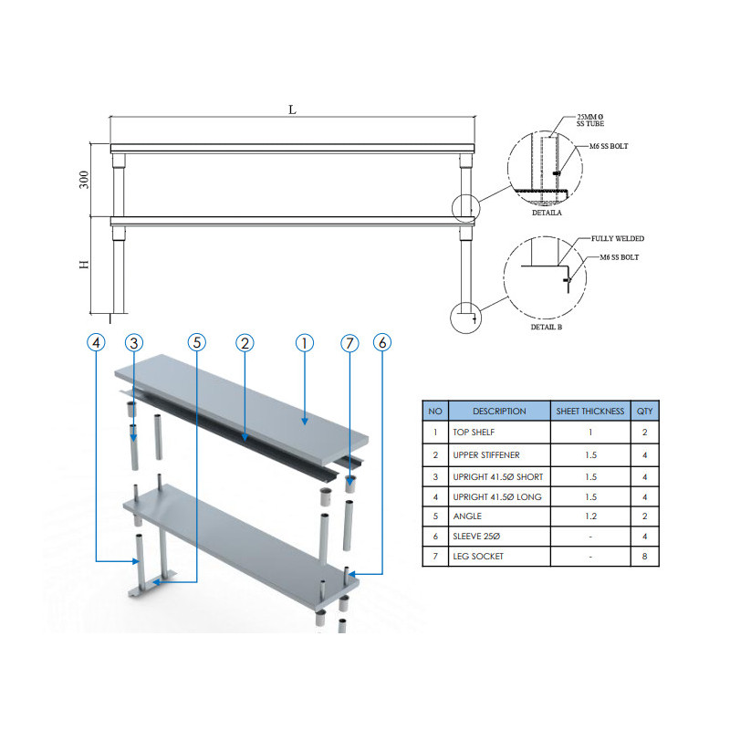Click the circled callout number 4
[x=97, y=343]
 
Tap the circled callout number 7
[x=349, y=343]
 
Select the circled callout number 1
[x=305, y=343]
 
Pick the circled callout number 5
[x=197, y=342]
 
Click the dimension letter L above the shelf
[x=292, y=109]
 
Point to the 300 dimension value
[x=84, y=180]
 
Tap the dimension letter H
[x=84, y=265]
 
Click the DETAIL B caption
[x=547, y=327]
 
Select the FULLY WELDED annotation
[x=618, y=238]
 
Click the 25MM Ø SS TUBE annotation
[x=590, y=120]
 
